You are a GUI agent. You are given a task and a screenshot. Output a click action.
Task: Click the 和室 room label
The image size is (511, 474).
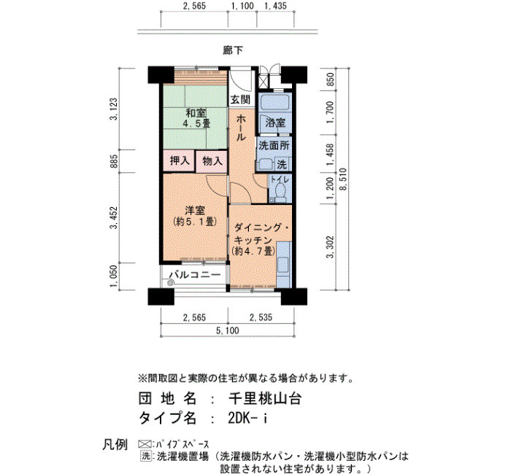pyautogui.click(x=196, y=113)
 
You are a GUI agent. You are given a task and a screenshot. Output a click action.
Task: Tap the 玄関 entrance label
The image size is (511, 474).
pyautogui.click(x=240, y=100)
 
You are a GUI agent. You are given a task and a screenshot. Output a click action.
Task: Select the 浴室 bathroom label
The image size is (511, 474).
pyautogui.click(x=275, y=123)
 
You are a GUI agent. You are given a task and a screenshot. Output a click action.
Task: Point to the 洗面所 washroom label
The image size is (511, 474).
pyautogui.click(x=274, y=146)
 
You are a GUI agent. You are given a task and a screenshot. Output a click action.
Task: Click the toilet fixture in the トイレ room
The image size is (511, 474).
pyautogui.click(x=280, y=191)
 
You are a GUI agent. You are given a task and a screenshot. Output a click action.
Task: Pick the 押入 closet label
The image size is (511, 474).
pyautogui.click(x=180, y=160)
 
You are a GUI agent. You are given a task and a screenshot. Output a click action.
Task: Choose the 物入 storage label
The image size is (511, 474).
pyautogui.click(x=212, y=160)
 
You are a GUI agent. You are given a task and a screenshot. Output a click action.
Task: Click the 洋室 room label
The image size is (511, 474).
pyautogui.click(x=195, y=211)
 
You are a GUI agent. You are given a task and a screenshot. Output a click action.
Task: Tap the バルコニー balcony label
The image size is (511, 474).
pyautogui.click(x=195, y=275)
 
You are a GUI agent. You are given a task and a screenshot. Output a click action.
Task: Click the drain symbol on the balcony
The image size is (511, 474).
pyautogui.click(x=170, y=283)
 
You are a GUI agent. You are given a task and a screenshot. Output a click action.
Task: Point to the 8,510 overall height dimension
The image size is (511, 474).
pyautogui.click(x=344, y=179)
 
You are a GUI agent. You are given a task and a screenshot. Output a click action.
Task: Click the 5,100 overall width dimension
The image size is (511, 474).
pyautogui.click(x=228, y=331)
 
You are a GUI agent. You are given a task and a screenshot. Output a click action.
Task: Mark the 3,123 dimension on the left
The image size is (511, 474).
pyautogui.click(x=113, y=109)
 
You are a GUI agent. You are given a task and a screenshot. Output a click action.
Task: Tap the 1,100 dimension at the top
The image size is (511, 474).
pyautogui.click(x=242, y=6)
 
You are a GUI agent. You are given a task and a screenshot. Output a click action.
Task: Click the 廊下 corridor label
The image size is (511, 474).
pyautogui.click(x=233, y=50)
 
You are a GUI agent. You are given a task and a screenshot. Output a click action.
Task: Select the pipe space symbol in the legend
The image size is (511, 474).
pyautogui.click(x=145, y=444)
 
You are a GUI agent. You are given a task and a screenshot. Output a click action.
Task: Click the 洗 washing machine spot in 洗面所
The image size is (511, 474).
pyautogui.click(x=282, y=165)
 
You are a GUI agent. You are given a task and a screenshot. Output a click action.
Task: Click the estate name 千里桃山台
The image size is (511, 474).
pyautogui.click(x=264, y=398)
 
